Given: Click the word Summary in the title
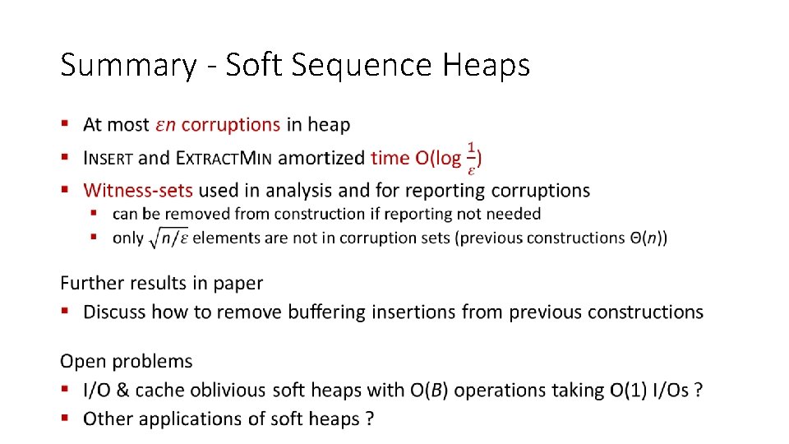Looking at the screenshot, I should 128,65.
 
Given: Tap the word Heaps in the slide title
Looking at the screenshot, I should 487,65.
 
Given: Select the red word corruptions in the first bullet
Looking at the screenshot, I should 230,125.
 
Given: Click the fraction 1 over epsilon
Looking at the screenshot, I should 471,157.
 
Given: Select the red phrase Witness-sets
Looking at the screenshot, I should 138,191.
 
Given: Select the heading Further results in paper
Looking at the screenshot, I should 162,283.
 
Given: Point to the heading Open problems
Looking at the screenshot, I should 127,361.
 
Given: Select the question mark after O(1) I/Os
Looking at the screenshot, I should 698,391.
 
